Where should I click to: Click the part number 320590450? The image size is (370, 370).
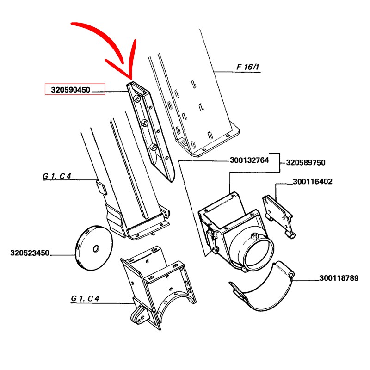pyautogui.click(x=71, y=90)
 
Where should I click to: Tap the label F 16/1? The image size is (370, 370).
pyautogui.click(x=247, y=67)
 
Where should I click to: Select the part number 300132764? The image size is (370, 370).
pyautogui.click(x=249, y=160)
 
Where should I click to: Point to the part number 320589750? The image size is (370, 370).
pyautogui.click(x=306, y=163)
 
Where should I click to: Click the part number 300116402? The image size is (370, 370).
pyautogui.click(x=313, y=181)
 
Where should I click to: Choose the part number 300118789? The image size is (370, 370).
pyautogui.click(x=339, y=278)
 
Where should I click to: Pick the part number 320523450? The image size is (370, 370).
pyautogui.click(x=30, y=253)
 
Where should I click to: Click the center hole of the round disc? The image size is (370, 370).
pyautogui.click(x=96, y=248)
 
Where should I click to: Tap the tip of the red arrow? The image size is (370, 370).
pyautogui.click(x=130, y=80)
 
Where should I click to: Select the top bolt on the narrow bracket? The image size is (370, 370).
pyautogui.click(x=137, y=99)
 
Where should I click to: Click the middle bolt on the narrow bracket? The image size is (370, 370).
pyautogui.click(x=144, y=123)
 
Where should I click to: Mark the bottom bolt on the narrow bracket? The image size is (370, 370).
pyautogui.click(x=154, y=147)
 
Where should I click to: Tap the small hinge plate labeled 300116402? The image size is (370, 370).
pyautogui.click(x=278, y=214)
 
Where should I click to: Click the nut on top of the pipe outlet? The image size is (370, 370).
pyautogui.click(x=254, y=236)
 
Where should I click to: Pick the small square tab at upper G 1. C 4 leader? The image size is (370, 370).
pyautogui.click(x=101, y=188)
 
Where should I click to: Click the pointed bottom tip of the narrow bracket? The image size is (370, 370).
pyautogui.click(x=172, y=181)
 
